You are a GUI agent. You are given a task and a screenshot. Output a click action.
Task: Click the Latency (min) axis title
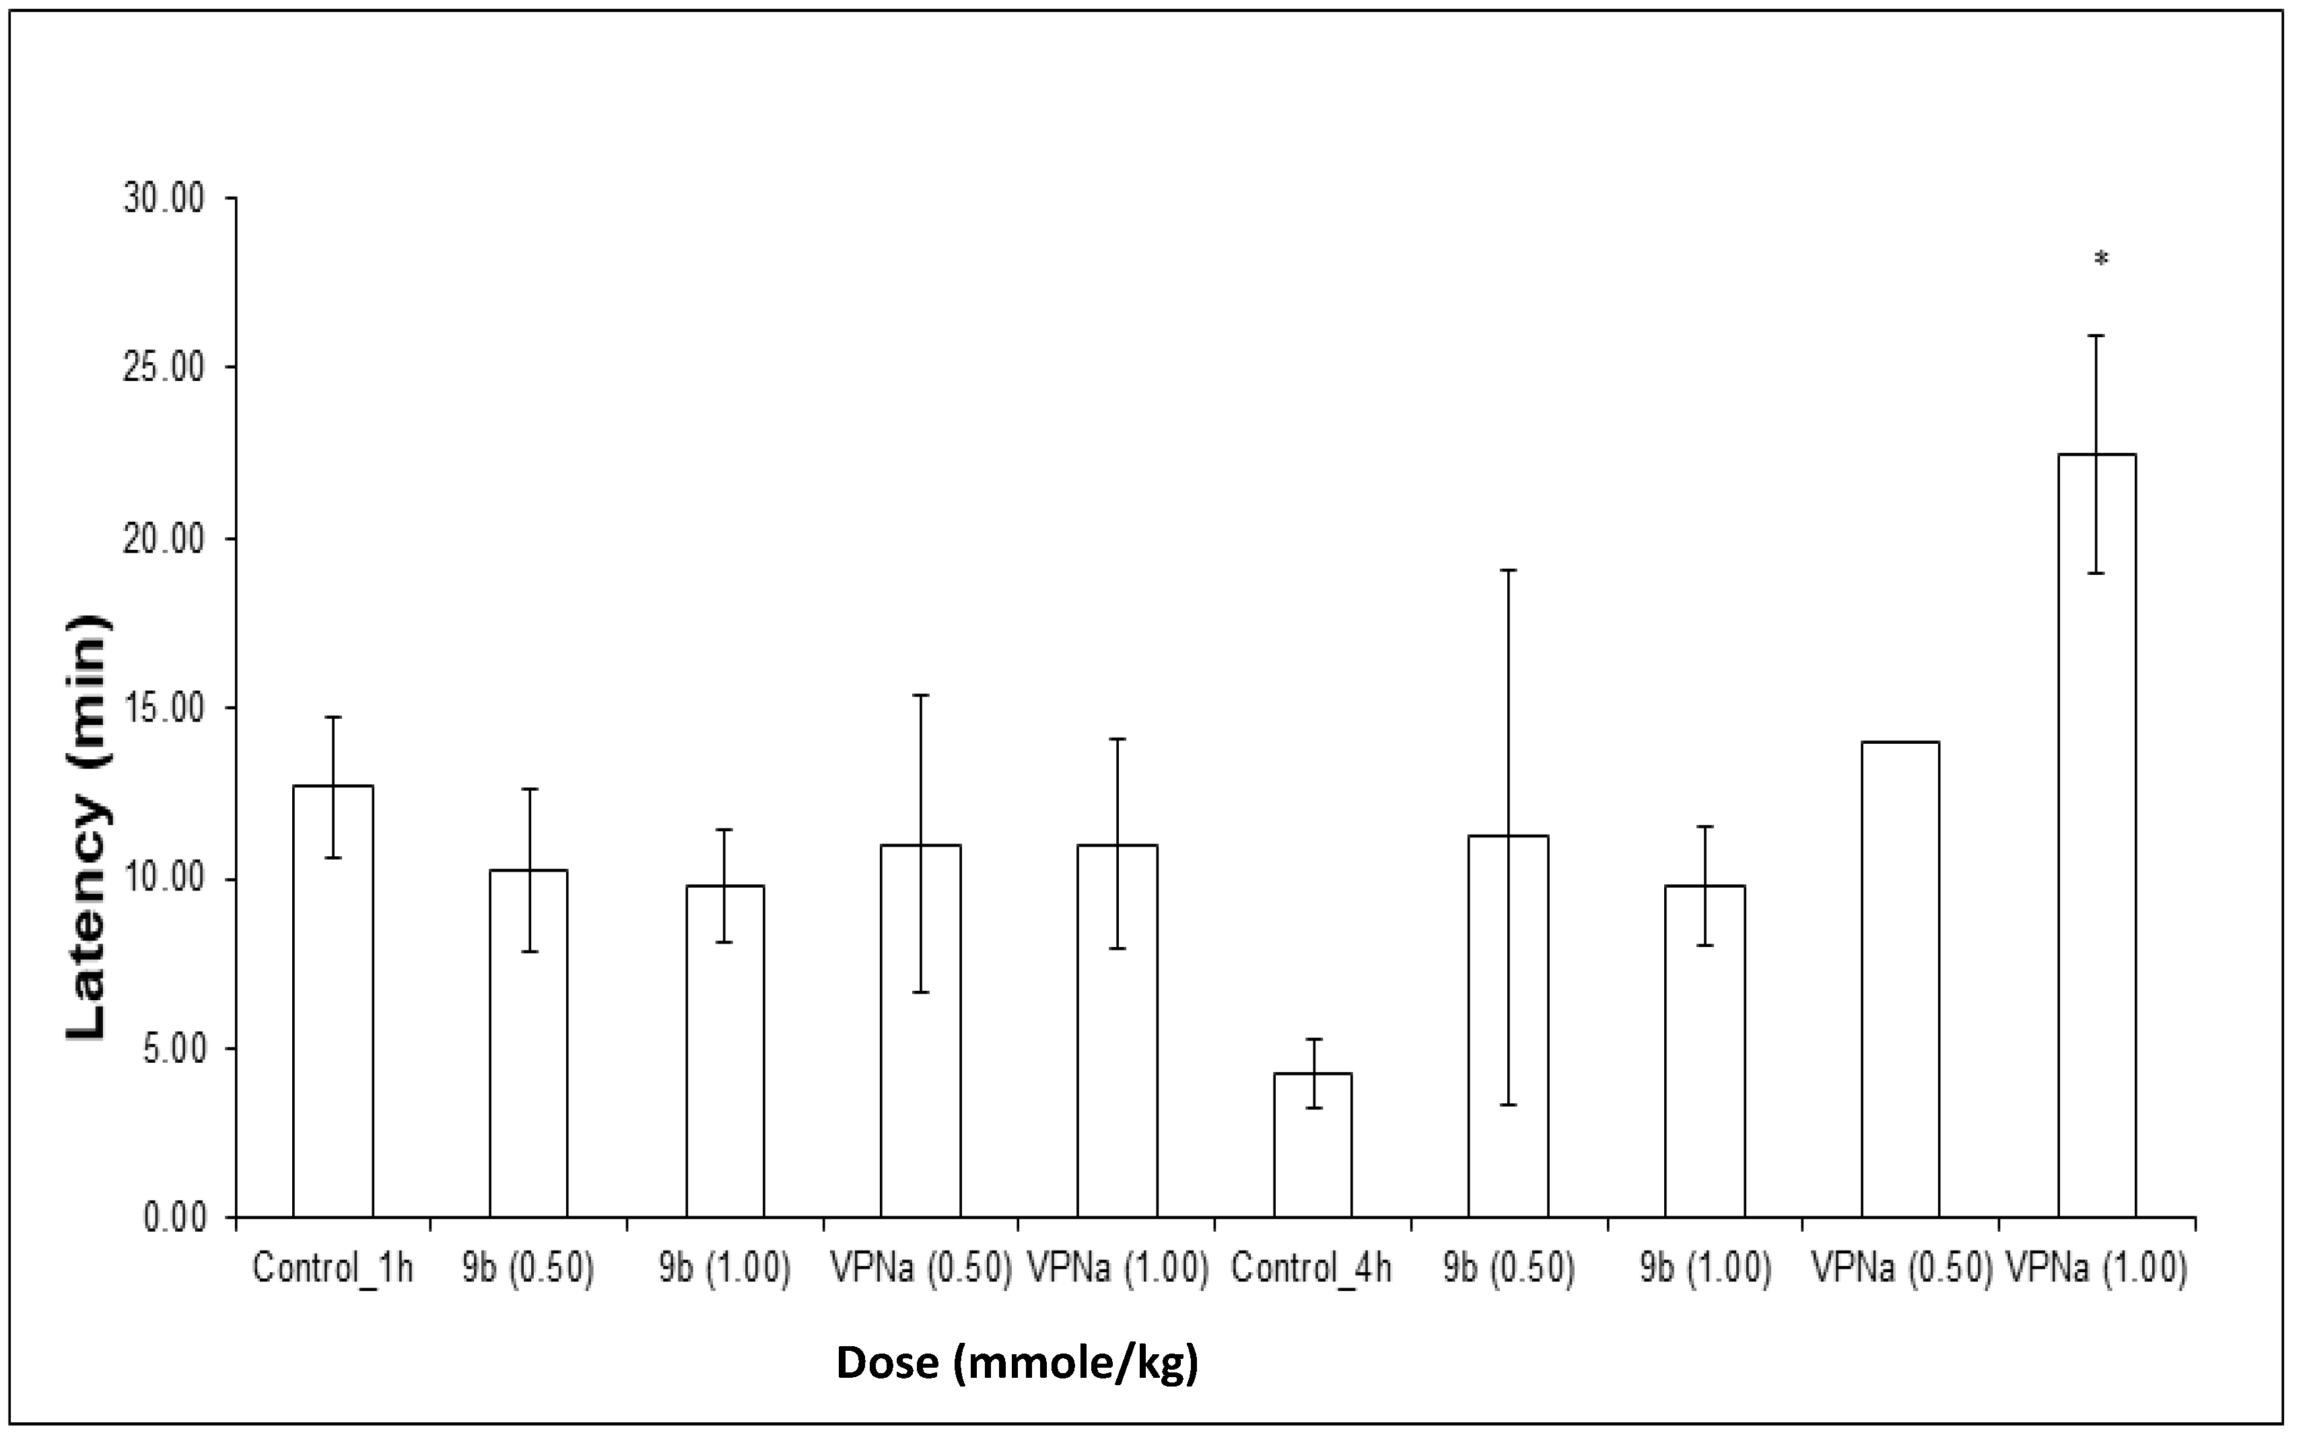tap(88, 826)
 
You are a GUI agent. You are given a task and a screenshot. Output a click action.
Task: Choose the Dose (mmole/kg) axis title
tap(1017, 1363)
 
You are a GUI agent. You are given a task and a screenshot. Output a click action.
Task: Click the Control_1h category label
tap(333, 1269)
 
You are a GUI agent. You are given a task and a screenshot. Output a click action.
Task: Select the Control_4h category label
tap(1312, 1269)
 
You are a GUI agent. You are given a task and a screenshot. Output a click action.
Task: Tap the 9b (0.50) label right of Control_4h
tap(1509, 1269)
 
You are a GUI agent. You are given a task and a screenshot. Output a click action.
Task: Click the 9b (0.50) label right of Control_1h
tap(528, 1269)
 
